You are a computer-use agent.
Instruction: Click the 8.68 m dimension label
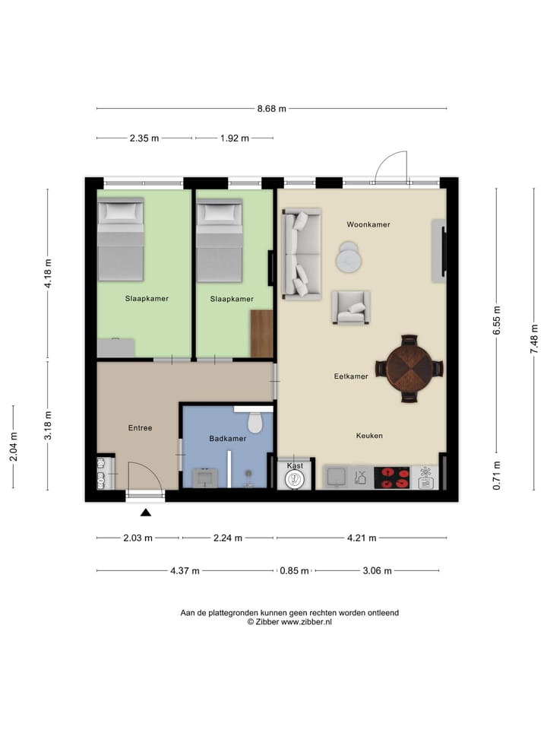click(x=271, y=109)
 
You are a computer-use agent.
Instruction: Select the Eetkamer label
click(x=351, y=376)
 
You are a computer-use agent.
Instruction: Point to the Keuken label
click(x=369, y=436)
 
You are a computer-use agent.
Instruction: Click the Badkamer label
click(x=227, y=439)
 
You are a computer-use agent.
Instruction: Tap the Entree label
click(x=140, y=428)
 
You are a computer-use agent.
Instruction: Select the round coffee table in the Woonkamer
click(x=349, y=257)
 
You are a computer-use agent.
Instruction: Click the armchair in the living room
click(x=351, y=308)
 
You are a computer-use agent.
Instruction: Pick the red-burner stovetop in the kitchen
click(x=391, y=478)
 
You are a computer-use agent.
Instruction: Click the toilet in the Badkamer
click(x=255, y=421)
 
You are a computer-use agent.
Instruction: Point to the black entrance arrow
click(x=146, y=513)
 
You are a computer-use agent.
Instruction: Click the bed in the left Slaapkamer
click(x=120, y=239)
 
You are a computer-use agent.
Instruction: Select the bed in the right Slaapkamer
click(x=220, y=239)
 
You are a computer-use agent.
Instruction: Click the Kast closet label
click(x=296, y=465)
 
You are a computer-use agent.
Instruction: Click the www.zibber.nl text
click(x=307, y=622)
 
